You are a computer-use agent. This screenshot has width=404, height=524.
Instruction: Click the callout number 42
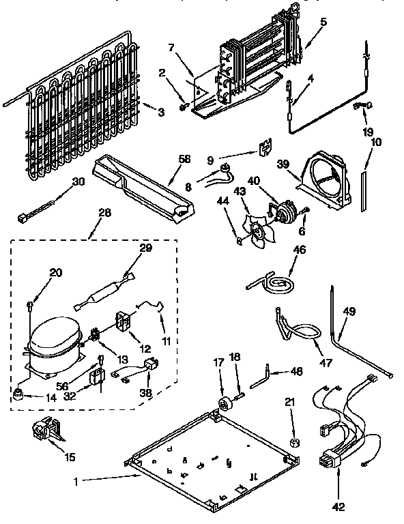point(339,506)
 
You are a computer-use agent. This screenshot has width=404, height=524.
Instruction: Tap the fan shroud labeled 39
point(321,179)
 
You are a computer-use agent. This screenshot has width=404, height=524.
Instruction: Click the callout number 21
point(291,403)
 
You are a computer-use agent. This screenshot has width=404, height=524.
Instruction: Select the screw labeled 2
point(182,106)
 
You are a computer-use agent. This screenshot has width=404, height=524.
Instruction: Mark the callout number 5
point(323,21)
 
